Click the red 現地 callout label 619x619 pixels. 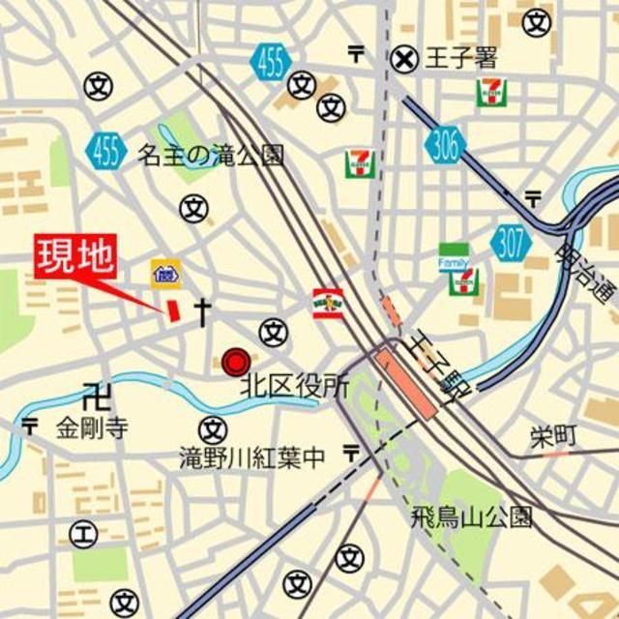75,257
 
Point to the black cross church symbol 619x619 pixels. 203,310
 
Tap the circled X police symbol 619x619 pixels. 403,60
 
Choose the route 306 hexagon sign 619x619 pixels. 444,146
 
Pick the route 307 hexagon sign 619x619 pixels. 510,242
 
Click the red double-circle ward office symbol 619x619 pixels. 235,363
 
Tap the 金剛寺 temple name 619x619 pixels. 91,427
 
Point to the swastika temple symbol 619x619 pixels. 94,395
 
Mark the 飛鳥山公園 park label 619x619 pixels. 471,515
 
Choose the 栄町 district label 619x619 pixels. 553,436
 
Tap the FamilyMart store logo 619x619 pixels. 453,256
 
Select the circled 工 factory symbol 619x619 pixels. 84,533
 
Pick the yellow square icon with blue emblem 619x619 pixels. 165,274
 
